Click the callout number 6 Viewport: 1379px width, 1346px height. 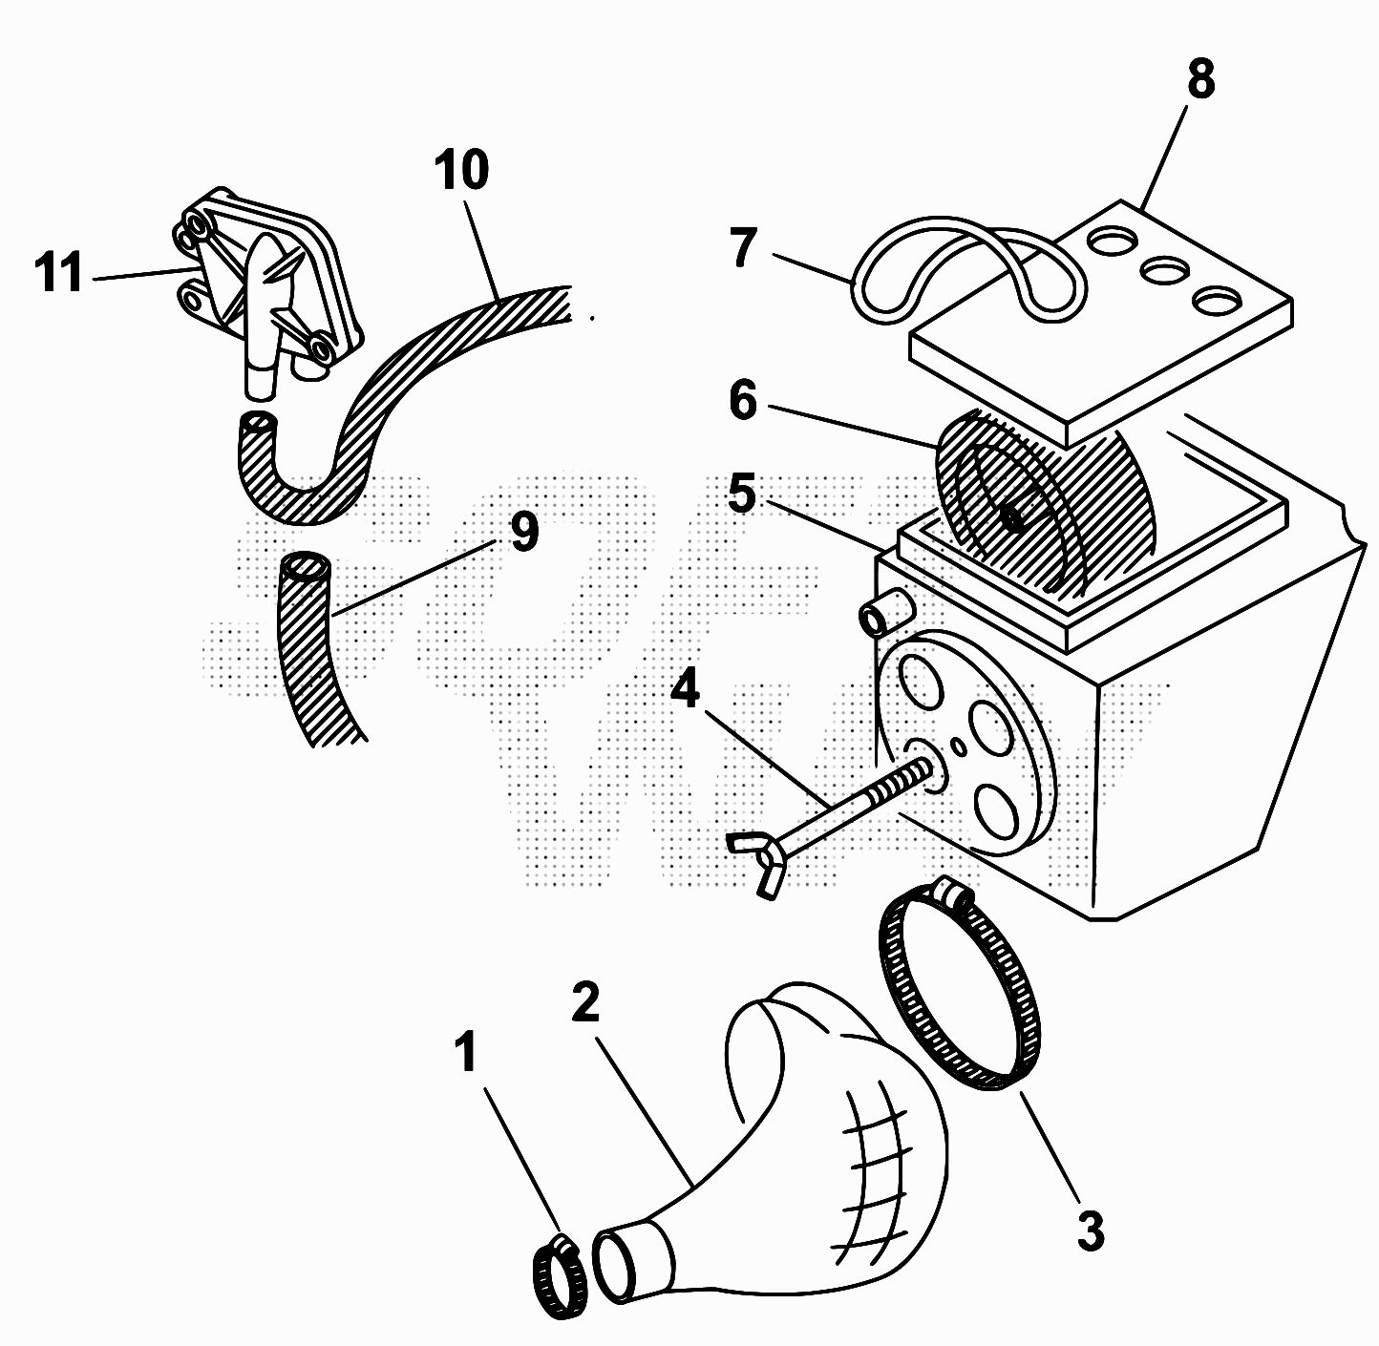[742, 401]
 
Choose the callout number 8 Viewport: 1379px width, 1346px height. [1200, 79]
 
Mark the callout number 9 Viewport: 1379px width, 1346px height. [523, 531]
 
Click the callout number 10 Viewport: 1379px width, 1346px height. [461, 171]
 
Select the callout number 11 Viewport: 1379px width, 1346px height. [59, 273]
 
